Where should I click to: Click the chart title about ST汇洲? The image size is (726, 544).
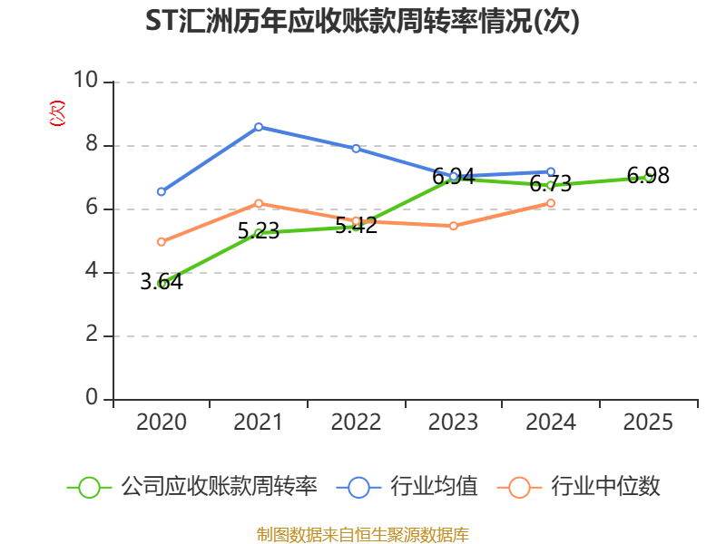362,21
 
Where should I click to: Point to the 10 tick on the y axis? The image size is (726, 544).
85,80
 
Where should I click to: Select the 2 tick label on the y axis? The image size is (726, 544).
92,334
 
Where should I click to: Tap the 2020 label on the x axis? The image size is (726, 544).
162,422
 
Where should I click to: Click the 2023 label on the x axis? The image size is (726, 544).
453,422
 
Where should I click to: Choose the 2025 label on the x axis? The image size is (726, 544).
648,422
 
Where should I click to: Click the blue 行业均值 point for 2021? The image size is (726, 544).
259,127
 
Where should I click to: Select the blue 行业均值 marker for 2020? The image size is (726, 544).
162,191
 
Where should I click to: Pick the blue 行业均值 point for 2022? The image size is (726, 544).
356,149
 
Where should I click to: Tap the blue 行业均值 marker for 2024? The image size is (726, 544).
551,172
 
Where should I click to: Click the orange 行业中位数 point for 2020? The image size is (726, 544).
162,242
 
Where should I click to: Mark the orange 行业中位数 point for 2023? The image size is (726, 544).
453,226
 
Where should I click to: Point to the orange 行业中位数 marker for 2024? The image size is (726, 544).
551,203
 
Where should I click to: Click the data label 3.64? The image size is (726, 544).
162,282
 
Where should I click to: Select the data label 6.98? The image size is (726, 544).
648,176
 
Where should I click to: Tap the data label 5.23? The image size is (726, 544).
259,231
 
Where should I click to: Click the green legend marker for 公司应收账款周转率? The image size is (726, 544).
89,488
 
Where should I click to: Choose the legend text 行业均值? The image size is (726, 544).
434,487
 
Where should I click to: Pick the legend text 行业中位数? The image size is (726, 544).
605,487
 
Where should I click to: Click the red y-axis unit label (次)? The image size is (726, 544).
57,113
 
